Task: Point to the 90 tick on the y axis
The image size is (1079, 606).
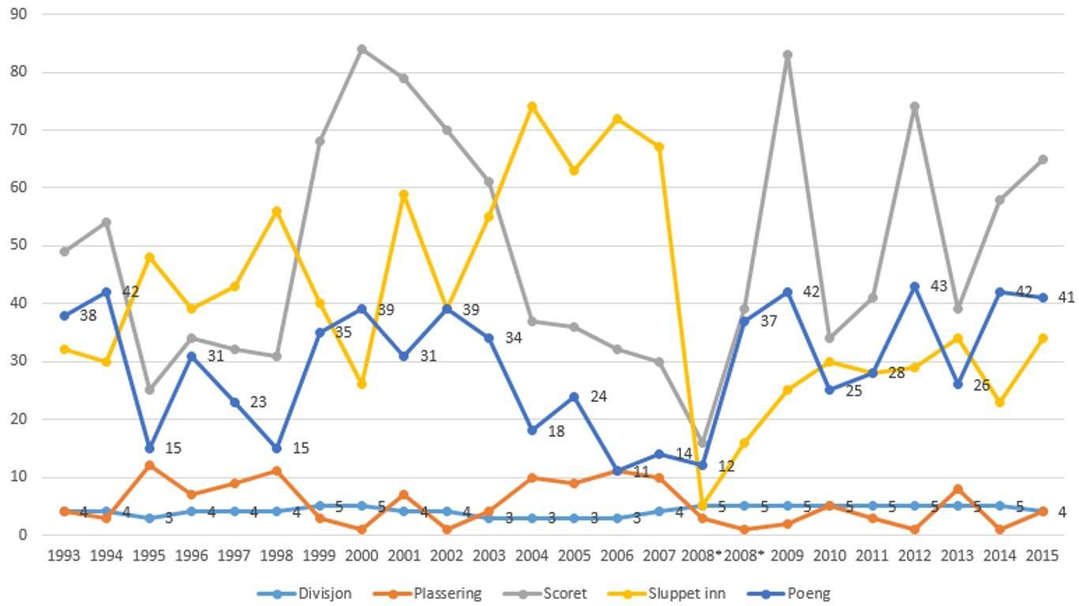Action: (x=18, y=13)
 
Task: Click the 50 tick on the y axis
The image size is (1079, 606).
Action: (x=18, y=246)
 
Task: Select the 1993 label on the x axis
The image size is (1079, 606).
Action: (x=64, y=556)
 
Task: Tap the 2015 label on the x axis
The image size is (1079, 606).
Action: (x=1042, y=556)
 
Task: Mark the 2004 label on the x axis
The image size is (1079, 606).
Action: (x=532, y=556)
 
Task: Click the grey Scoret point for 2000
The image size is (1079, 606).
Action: (x=362, y=49)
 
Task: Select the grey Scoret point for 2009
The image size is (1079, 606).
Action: (x=788, y=55)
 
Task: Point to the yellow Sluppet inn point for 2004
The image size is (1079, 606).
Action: (x=532, y=107)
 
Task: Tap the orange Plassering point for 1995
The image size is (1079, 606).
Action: (x=149, y=465)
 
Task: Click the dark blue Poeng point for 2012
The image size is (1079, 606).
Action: (x=915, y=286)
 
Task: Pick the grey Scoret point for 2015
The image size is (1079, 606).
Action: (x=1043, y=160)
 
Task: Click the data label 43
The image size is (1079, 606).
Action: (x=938, y=286)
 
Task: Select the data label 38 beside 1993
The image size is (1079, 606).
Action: (x=88, y=316)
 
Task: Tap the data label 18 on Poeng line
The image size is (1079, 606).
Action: (x=556, y=431)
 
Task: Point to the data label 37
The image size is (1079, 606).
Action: (x=769, y=322)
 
